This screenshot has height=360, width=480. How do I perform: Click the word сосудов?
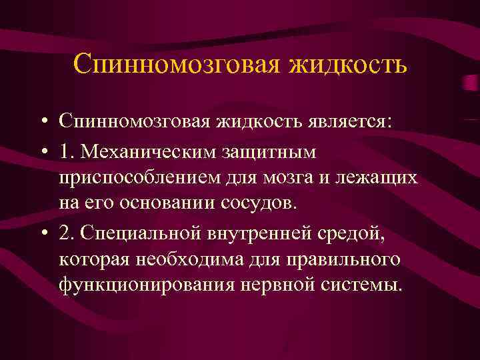[258, 203]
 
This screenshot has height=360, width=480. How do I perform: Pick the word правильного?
[346, 260]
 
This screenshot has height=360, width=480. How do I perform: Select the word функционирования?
[140, 285]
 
